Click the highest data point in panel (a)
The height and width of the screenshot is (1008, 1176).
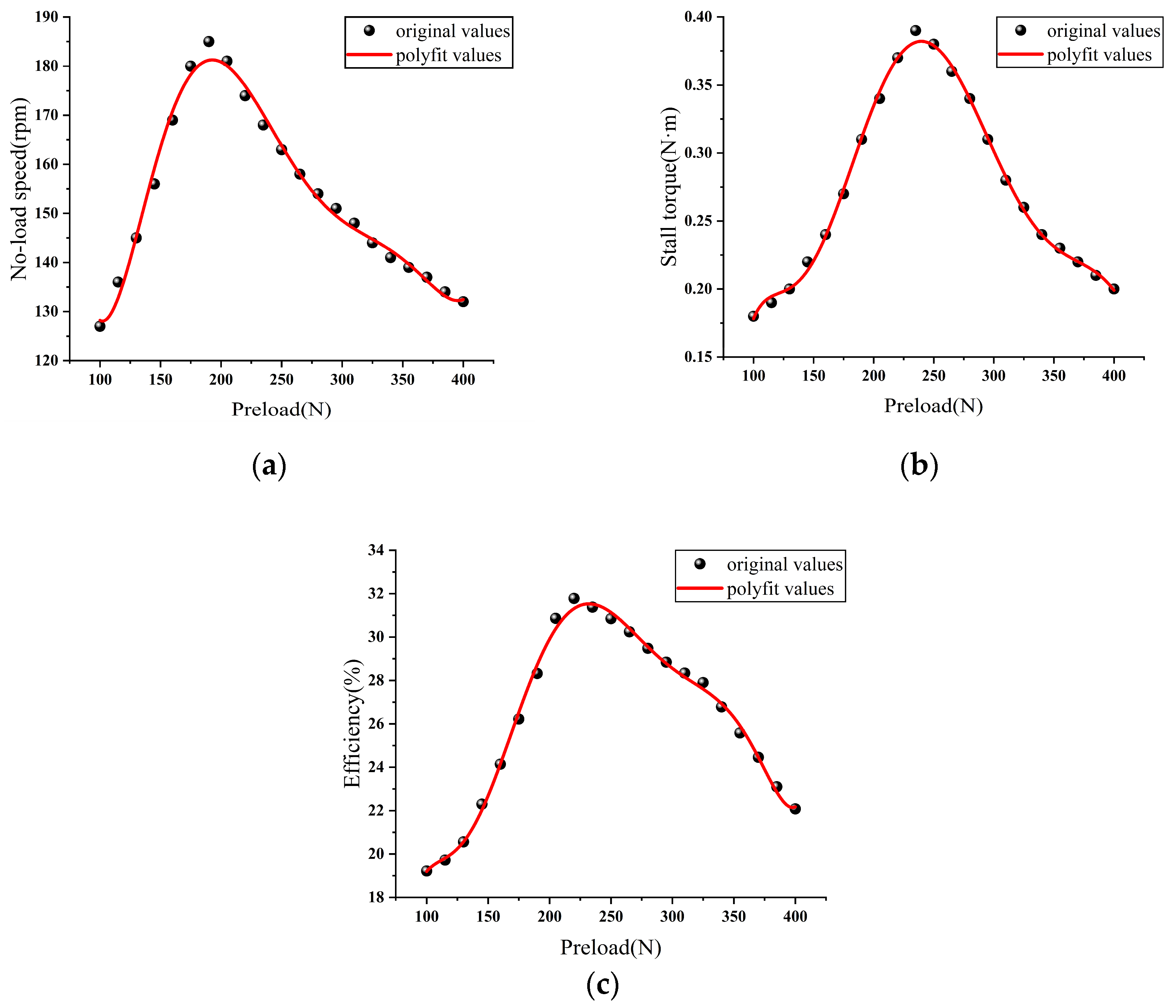coord(209,42)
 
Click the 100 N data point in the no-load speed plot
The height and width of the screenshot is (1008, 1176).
coord(100,326)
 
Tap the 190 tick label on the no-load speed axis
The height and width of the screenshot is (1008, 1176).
coord(46,17)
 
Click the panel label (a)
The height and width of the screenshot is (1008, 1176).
coord(268,465)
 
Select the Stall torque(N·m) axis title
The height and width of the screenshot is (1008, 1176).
coord(669,186)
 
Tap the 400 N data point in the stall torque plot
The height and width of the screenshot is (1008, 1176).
coord(1113,288)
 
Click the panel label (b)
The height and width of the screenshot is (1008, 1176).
coord(919,465)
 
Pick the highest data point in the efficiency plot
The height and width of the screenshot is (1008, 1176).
coord(574,598)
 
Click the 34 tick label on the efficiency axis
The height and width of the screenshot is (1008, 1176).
coord(376,550)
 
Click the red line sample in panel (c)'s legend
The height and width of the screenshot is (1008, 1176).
coord(700,588)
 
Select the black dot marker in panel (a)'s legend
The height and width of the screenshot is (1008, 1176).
coord(370,31)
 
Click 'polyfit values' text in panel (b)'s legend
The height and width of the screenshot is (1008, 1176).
coord(1100,55)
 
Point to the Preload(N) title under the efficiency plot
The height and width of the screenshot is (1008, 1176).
coord(611,947)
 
